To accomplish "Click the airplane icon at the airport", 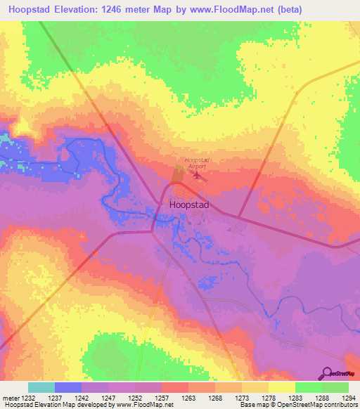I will tap(196, 175).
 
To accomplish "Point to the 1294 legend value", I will tap(349, 398).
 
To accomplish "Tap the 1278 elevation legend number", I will tap(268, 398).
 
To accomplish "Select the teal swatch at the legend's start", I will tap(41, 387).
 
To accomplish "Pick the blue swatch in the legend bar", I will tap(68, 387).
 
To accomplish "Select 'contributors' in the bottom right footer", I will tap(340, 405).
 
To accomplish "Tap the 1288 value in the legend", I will tap(321, 398).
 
